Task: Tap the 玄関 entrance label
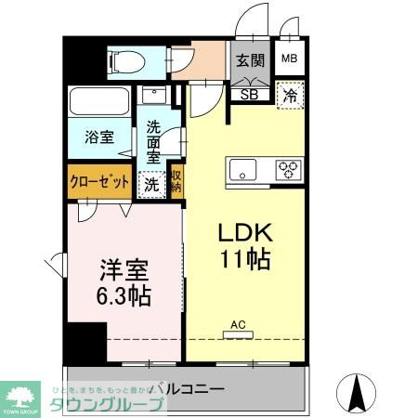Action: pos(250,61)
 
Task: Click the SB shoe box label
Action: pos(250,93)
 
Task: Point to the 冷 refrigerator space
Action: pos(290,94)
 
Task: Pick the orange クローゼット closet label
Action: pos(99,181)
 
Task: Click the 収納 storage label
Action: pos(176,179)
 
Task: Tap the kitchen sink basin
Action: pos(243,170)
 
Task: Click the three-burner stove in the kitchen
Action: pos(288,170)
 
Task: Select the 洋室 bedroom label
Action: pos(124,271)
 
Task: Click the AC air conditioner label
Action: pos(238,324)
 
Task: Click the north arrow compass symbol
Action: pos(355,392)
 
